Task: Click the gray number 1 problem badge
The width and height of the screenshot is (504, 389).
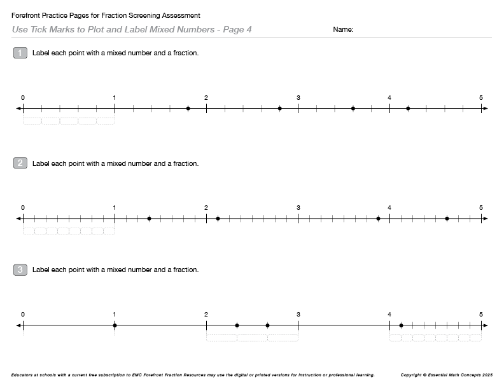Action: click(20, 53)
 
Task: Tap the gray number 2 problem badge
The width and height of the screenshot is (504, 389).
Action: click(20, 163)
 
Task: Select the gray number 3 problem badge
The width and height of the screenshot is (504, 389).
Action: click(20, 270)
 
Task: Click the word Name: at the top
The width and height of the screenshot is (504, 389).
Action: click(343, 30)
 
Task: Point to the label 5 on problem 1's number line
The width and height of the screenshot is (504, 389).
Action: click(481, 97)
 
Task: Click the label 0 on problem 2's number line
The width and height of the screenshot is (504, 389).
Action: click(23, 207)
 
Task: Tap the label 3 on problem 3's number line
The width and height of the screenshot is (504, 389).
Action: click(298, 314)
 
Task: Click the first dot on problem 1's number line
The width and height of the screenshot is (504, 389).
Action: click(188, 109)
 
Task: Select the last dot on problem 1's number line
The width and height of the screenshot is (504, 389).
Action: click(408, 109)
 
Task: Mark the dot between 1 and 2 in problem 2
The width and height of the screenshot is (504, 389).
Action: click(149, 219)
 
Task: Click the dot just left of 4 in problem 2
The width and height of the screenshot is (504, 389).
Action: click(378, 219)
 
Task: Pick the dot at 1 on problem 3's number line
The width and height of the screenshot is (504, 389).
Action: click(115, 325)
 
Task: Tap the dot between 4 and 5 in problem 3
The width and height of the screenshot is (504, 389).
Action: click(401, 325)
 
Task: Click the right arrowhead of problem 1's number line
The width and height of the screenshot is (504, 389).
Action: click(486, 109)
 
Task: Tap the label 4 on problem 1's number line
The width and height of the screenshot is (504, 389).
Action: click(389, 97)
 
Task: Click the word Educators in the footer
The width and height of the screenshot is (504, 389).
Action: click(24, 375)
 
